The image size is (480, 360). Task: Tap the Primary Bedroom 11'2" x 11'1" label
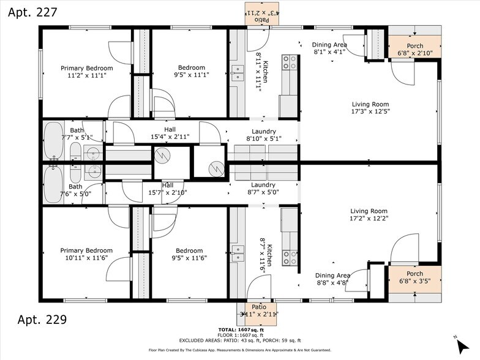point(86,72)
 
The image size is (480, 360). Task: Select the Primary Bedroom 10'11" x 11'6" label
point(86,255)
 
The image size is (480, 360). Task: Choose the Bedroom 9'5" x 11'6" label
point(189,255)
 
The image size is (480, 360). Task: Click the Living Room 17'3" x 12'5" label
point(370,108)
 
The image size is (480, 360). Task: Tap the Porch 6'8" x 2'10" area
point(414,50)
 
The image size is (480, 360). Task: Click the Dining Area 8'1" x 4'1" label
point(329,48)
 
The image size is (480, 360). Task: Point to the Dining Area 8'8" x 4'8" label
point(332,279)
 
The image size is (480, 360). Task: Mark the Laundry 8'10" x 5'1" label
point(263,135)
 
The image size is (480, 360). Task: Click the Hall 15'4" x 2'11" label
point(169,133)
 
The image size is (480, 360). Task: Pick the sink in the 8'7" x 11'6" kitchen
point(238,253)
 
